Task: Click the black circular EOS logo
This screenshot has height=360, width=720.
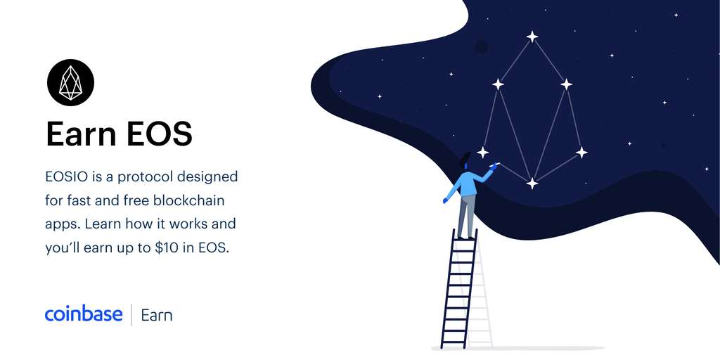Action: coord(71,83)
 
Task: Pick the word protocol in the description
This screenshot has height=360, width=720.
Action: coord(147,177)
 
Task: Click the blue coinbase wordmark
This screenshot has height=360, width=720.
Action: coord(84,314)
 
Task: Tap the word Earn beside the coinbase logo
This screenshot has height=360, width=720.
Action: coord(157,316)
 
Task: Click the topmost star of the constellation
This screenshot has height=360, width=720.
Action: coord(532,37)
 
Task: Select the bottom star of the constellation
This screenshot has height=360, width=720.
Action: coord(532,184)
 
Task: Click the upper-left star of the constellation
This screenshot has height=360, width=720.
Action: coord(498,84)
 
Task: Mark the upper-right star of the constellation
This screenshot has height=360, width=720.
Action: coord(566,84)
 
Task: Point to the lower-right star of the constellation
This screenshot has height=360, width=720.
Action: coord(581,153)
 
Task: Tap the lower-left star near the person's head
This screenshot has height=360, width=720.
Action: coord(482,153)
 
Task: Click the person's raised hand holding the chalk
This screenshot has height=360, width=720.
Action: coord(493,167)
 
